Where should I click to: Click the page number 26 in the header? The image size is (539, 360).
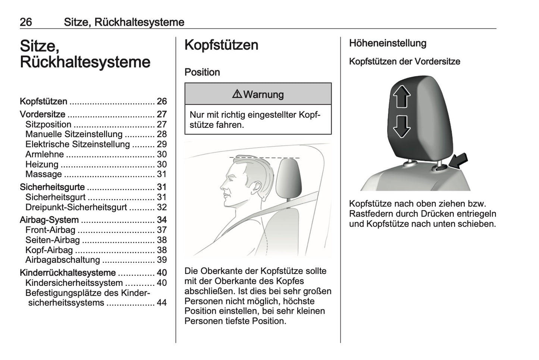click(26, 22)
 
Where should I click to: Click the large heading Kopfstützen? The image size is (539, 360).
click(221, 45)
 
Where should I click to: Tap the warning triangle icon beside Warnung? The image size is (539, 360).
click(237, 94)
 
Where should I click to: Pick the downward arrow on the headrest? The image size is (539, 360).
click(401, 127)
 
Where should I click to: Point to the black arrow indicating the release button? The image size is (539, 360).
click(458, 161)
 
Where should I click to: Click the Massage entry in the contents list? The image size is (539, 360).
click(44, 174)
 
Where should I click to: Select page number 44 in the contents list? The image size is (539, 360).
click(162, 303)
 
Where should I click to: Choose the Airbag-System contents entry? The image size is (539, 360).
click(49, 220)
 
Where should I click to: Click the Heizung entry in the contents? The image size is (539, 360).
click(42, 164)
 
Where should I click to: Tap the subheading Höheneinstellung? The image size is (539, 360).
click(388, 43)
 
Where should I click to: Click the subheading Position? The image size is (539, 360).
click(202, 72)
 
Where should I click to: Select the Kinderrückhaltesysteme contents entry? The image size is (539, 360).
click(68, 273)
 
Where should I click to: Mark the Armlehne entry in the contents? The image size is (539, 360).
click(44, 154)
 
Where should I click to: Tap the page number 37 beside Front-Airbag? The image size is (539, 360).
click(162, 230)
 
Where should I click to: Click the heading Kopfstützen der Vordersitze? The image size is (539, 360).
click(404, 61)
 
